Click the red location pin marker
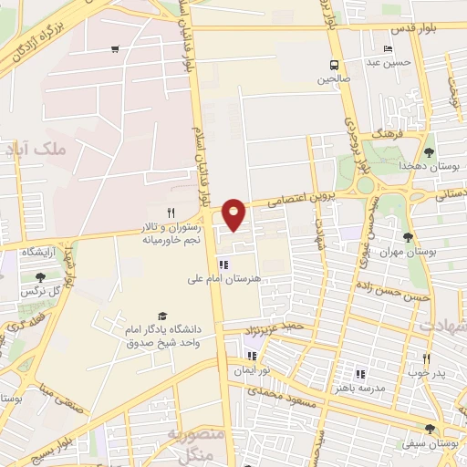pos(234,213)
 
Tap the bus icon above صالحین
pos(335,65)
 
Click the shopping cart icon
pos(114,49)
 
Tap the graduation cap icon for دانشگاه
pos(162,314)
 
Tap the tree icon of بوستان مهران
pos(431,236)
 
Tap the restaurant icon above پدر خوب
pos(427,358)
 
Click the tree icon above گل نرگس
pos(39,276)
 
